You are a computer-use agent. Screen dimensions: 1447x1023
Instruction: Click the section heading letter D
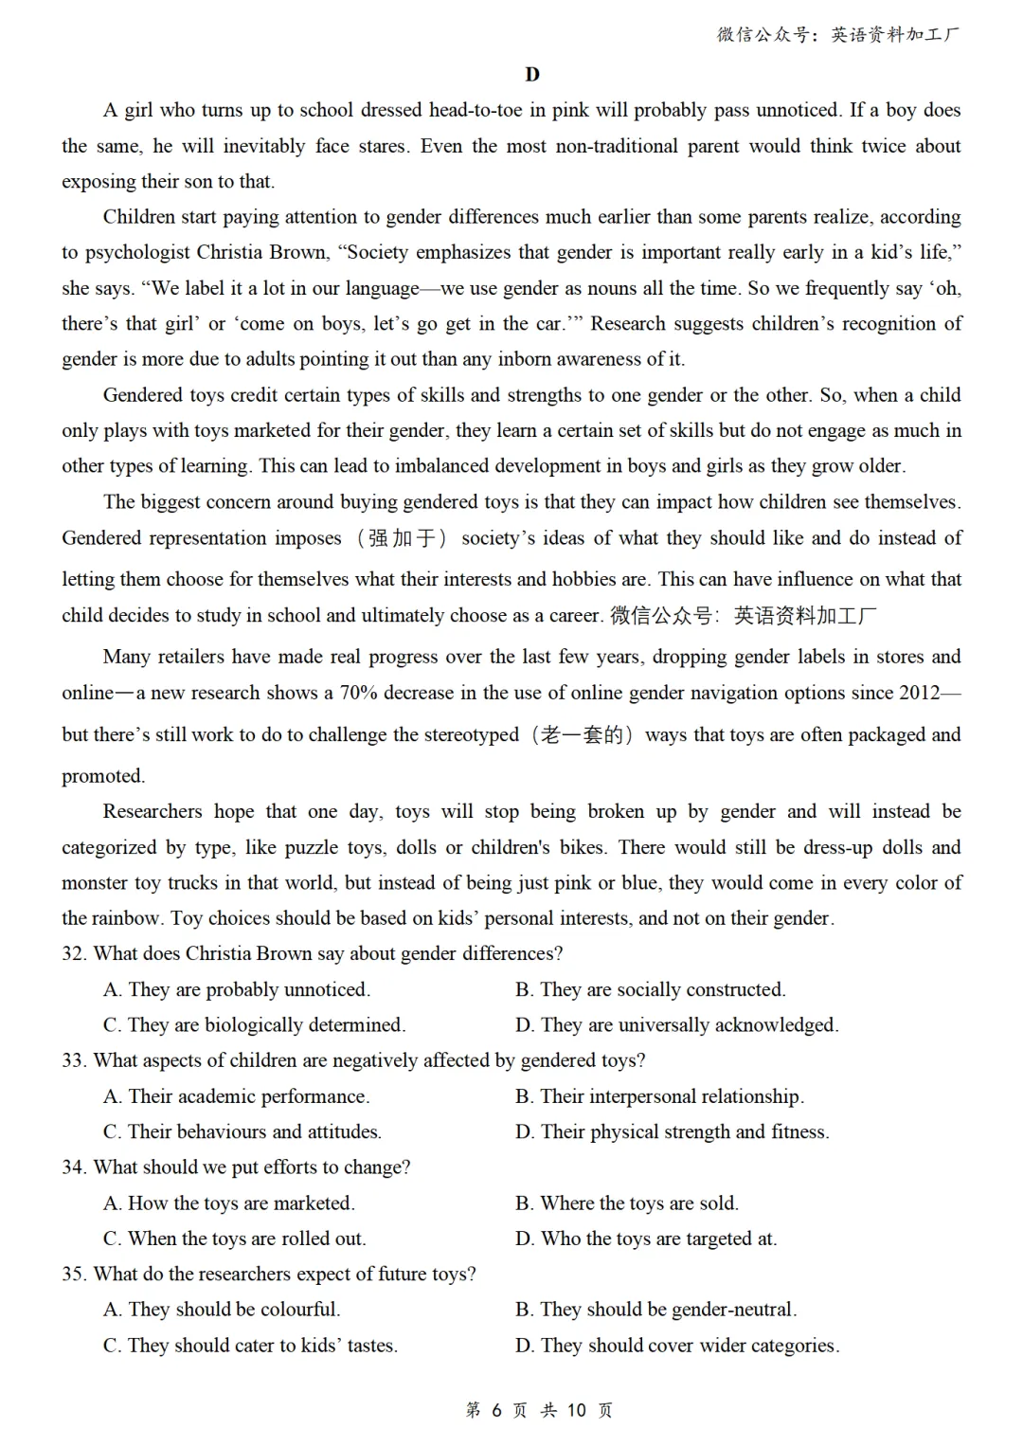click(x=531, y=75)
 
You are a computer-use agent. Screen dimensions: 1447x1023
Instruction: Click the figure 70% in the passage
click(x=359, y=693)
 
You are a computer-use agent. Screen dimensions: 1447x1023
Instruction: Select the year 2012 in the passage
click(x=919, y=693)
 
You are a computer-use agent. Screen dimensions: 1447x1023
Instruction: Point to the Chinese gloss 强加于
click(x=402, y=538)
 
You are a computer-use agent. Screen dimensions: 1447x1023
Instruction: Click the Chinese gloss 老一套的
click(x=582, y=734)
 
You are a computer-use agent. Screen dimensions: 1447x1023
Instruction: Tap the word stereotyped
click(x=458, y=734)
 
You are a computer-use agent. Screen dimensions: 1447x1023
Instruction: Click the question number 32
click(x=74, y=953)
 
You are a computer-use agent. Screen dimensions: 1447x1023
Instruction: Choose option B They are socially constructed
click(x=650, y=989)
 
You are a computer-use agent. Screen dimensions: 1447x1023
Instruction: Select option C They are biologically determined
click(x=254, y=1024)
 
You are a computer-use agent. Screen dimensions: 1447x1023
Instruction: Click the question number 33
click(x=74, y=1060)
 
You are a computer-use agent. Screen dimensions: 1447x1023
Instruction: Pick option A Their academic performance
click(x=236, y=1096)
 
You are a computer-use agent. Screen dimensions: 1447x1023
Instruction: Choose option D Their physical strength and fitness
click(x=672, y=1131)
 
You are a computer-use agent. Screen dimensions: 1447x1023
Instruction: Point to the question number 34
click(x=74, y=1167)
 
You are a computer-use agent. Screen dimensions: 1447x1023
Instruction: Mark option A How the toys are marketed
click(x=228, y=1203)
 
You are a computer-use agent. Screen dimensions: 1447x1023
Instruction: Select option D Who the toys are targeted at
click(x=645, y=1239)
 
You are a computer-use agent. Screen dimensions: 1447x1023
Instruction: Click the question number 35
click(x=74, y=1275)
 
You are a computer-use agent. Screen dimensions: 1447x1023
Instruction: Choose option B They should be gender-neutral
click(x=655, y=1310)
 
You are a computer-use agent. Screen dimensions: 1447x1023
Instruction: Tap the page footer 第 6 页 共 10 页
click(x=539, y=1410)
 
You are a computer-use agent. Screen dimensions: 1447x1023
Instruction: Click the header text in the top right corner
click(x=837, y=35)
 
